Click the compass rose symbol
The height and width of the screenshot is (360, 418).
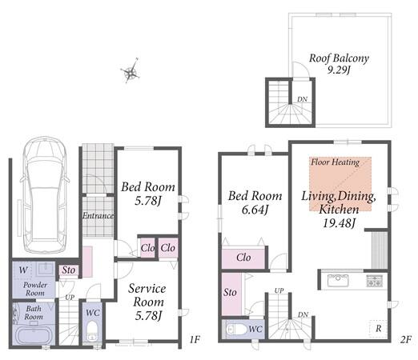(x=131, y=71)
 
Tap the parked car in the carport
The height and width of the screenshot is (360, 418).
(x=45, y=195)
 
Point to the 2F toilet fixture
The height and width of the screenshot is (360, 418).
(x=237, y=330)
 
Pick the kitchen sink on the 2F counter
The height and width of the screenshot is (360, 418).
(x=338, y=281)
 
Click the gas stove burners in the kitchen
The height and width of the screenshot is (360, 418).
(x=375, y=281)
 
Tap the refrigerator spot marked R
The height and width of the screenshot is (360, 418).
(x=378, y=328)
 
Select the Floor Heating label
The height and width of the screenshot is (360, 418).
(x=336, y=162)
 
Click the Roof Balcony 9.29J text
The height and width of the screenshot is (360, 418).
(x=339, y=64)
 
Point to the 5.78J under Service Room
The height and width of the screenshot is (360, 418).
(x=148, y=316)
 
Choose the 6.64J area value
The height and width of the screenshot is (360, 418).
(x=255, y=210)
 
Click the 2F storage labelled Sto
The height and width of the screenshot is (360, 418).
(x=230, y=293)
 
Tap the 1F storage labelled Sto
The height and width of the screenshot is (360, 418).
(x=69, y=270)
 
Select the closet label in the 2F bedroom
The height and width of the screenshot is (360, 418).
(x=243, y=258)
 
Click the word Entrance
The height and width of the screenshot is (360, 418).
(x=98, y=215)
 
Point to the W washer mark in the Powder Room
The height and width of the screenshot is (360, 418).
(x=23, y=270)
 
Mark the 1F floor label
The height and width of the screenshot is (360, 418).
(x=195, y=339)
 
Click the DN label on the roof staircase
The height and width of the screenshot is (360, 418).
(x=303, y=99)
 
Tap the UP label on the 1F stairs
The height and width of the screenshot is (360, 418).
(x=70, y=297)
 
